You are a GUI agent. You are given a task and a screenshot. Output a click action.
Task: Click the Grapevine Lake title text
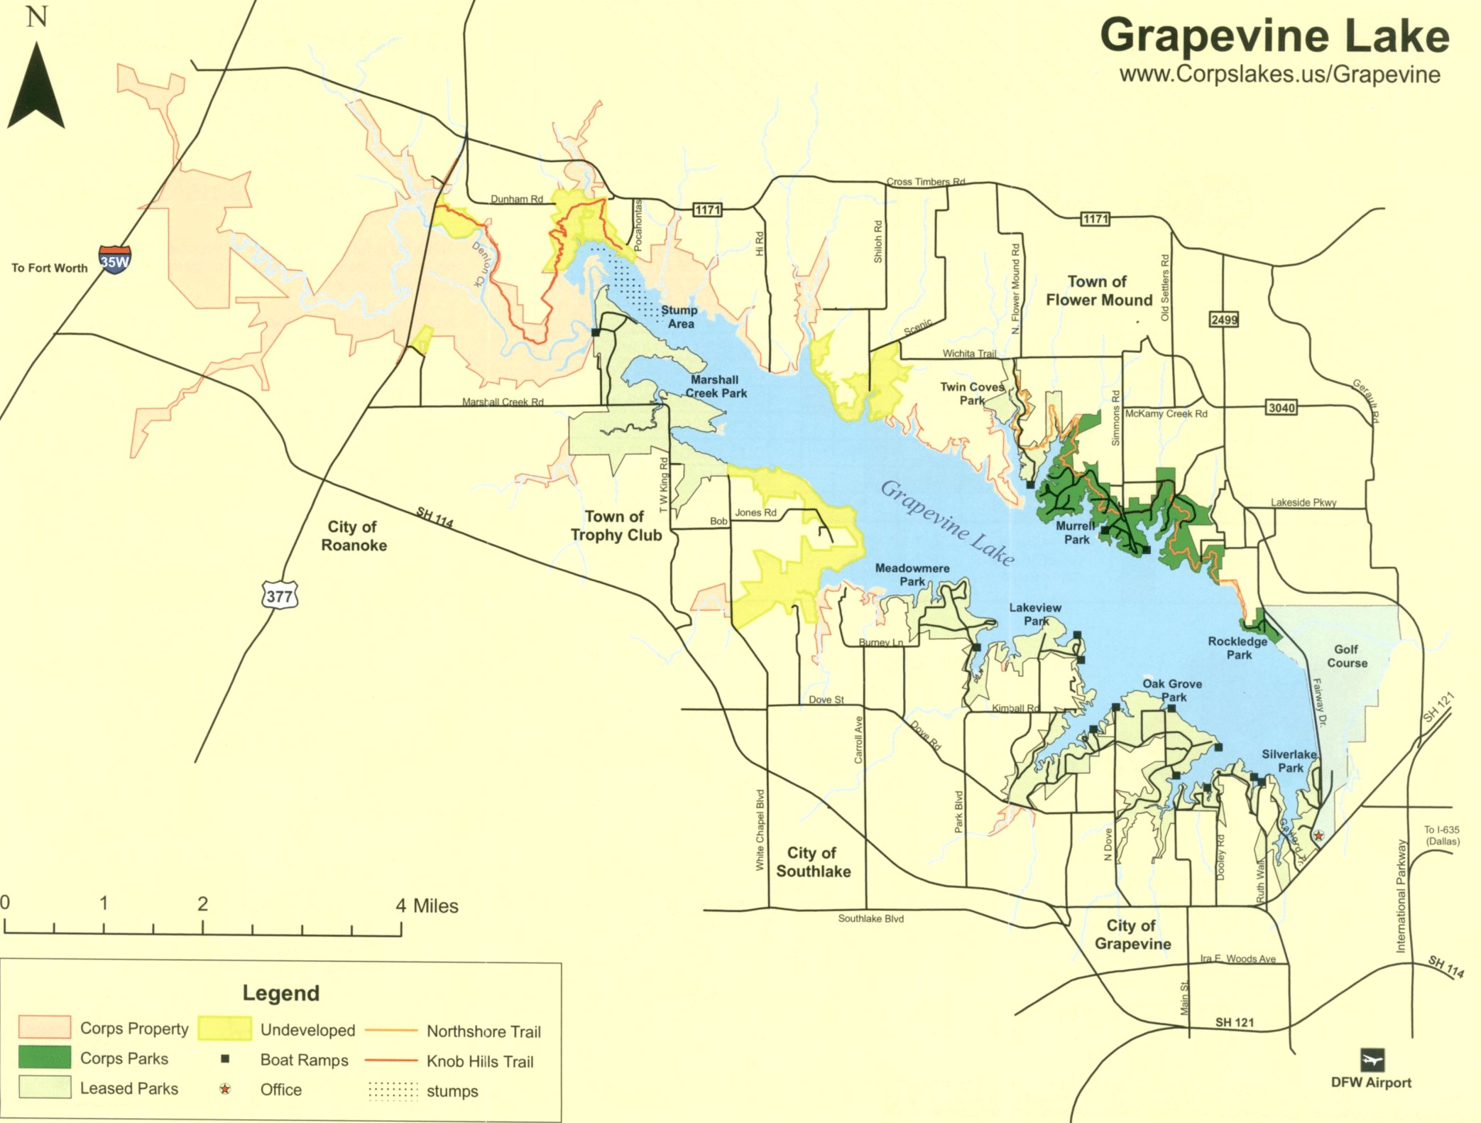pyautogui.click(x=1274, y=36)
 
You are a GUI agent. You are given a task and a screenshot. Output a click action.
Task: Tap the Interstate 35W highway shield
pyautogui.click(x=114, y=260)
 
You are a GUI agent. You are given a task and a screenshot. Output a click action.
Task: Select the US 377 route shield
pyautogui.click(x=279, y=595)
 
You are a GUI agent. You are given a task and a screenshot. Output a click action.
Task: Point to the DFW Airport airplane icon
pyautogui.click(x=1372, y=1059)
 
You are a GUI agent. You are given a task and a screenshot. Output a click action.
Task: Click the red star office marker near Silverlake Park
pyautogui.click(x=1318, y=835)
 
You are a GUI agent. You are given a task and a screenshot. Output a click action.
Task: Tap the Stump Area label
pyautogui.click(x=679, y=317)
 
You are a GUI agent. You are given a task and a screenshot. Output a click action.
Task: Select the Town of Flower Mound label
pyautogui.click(x=1098, y=291)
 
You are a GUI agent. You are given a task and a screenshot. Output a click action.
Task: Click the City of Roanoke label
pyautogui.click(x=353, y=536)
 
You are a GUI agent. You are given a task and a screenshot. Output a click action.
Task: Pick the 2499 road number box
pyautogui.click(x=1223, y=320)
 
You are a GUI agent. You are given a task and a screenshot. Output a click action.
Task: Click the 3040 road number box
pyautogui.click(x=1281, y=407)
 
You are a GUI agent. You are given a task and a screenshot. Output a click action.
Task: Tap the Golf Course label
pyautogui.click(x=1347, y=656)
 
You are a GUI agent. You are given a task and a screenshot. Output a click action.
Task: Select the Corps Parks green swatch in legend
pyautogui.click(x=45, y=1057)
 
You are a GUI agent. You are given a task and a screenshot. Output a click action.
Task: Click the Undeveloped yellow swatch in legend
pyautogui.click(x=224, y=1028)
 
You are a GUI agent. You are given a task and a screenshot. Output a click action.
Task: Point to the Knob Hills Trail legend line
pyautogui.click(x=390, y=1060)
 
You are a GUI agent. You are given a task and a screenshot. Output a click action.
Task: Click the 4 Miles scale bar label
pyautogui.click(x=427, y=906)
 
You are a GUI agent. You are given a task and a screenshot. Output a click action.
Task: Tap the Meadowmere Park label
pyautogui.click(x=912, y=575)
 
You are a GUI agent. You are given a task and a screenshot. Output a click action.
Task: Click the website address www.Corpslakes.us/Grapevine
pyautogui.click(x=1279, y=75)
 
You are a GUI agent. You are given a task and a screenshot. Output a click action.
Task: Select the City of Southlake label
pyautogui.click(x=812, y=862)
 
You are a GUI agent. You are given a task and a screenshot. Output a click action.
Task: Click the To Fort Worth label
pyautogui.click(x=50, y=268)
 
